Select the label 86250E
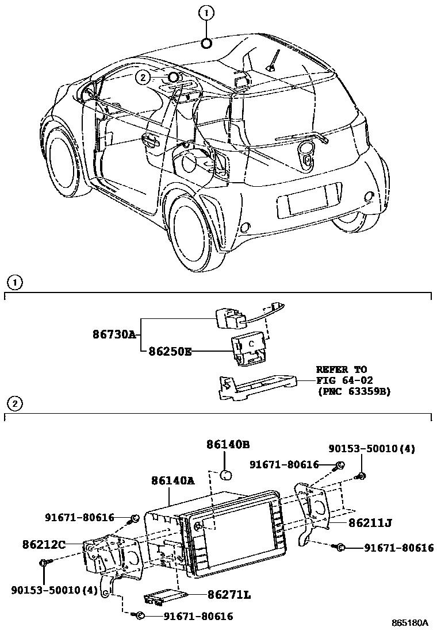(x=170, y=350)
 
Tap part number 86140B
(x=228, y=444)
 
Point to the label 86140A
(x=172, y=480)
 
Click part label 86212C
(x=44, y=542)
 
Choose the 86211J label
(x=370, y=523)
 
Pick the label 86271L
(x=229, y=595)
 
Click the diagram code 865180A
(x=410, y=623)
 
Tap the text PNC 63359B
(x=354, y=391)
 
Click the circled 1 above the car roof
(x=206, y=12)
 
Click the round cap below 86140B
(x=226, y=475)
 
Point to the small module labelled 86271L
(x=163, y=597)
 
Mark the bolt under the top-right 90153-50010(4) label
(x=361, y=475)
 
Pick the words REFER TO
(x=341, y=369)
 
